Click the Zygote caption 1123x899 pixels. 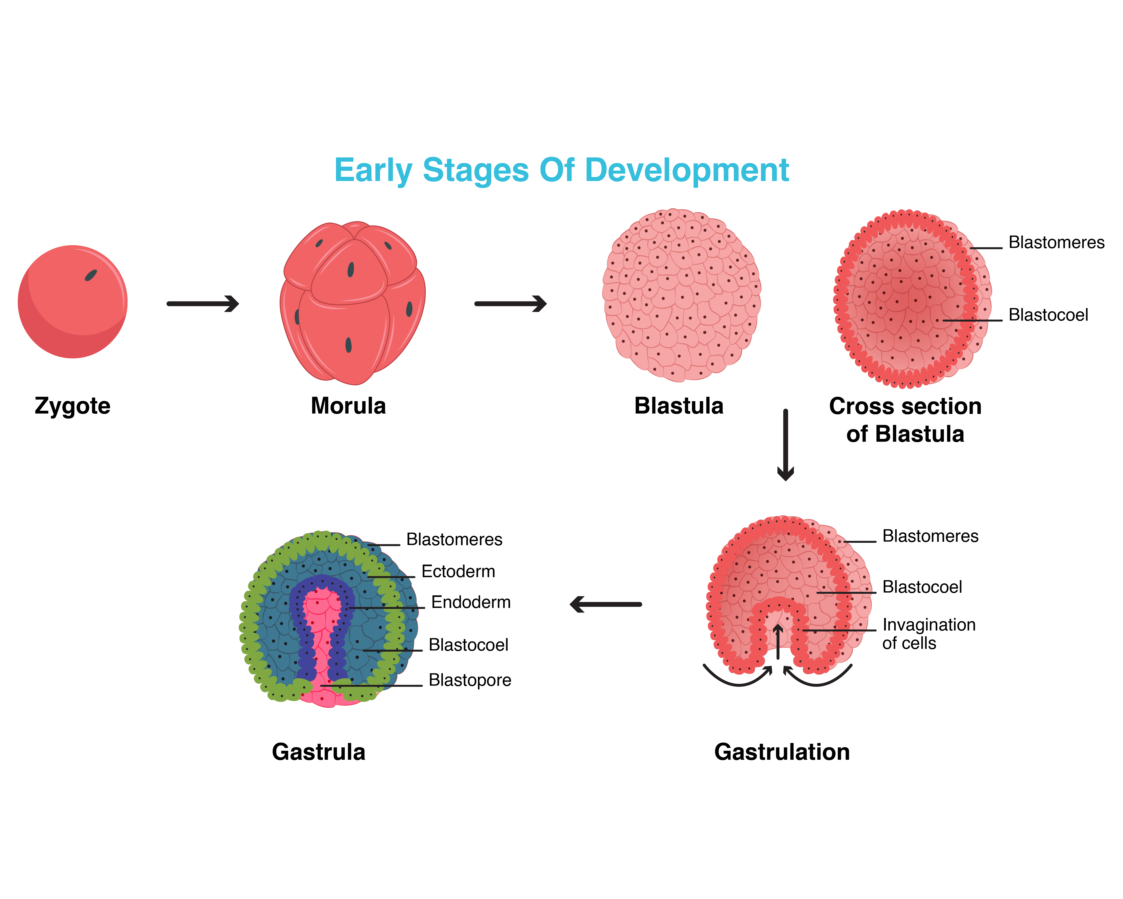pyautogui.click(x=72, y=406)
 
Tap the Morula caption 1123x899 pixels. pyautogui.click(x=348, y=406)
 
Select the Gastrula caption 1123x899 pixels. pyautogui.click(x=318, y=752)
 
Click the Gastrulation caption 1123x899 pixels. pyautogui.click(x=782, y=752)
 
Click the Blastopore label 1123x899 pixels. pyautogui.click(x=470, y=680)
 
